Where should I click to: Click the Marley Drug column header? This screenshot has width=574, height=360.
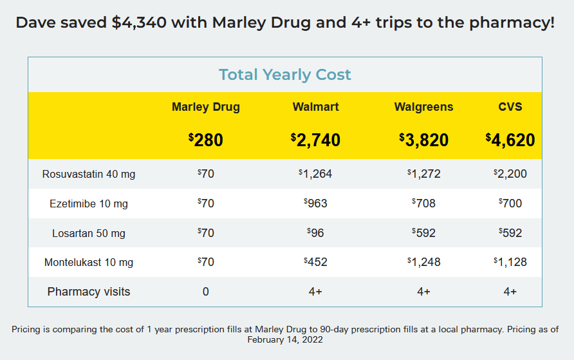[x=205, y=107]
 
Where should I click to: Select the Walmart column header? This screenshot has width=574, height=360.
[x=315, y=107]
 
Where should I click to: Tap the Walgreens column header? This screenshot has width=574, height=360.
[x=423, y=107]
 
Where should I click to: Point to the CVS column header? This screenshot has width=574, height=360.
[x=510, y=107]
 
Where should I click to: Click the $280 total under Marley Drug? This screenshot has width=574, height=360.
[x=206, y=140]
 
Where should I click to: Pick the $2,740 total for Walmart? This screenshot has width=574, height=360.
[x=315, y=140]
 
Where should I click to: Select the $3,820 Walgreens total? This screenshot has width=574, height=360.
[x=423, y=140]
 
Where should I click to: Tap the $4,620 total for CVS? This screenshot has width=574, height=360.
[x=510, y=140]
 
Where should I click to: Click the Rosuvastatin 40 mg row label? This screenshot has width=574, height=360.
[x=89, y=175]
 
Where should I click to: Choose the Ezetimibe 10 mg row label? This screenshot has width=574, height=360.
[x=89, y=204]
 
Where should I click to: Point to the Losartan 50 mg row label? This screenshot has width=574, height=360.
[x=89, y=233]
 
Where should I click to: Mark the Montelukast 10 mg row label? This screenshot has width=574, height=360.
[x=89, y=263]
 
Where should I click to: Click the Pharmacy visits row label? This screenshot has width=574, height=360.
[x=89, y=292]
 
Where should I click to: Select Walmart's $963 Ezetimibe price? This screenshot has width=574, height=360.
[x=315, y=204]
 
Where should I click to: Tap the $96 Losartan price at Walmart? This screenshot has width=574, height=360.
[x=315, y=233]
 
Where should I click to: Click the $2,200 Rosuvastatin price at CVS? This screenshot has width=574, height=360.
[x=510, y=174]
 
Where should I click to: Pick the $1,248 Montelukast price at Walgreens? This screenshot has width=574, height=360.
[x=423, y=262]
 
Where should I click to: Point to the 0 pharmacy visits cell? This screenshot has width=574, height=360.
[x=206, y=292]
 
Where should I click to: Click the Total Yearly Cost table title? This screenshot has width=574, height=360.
[x=285, y=75]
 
